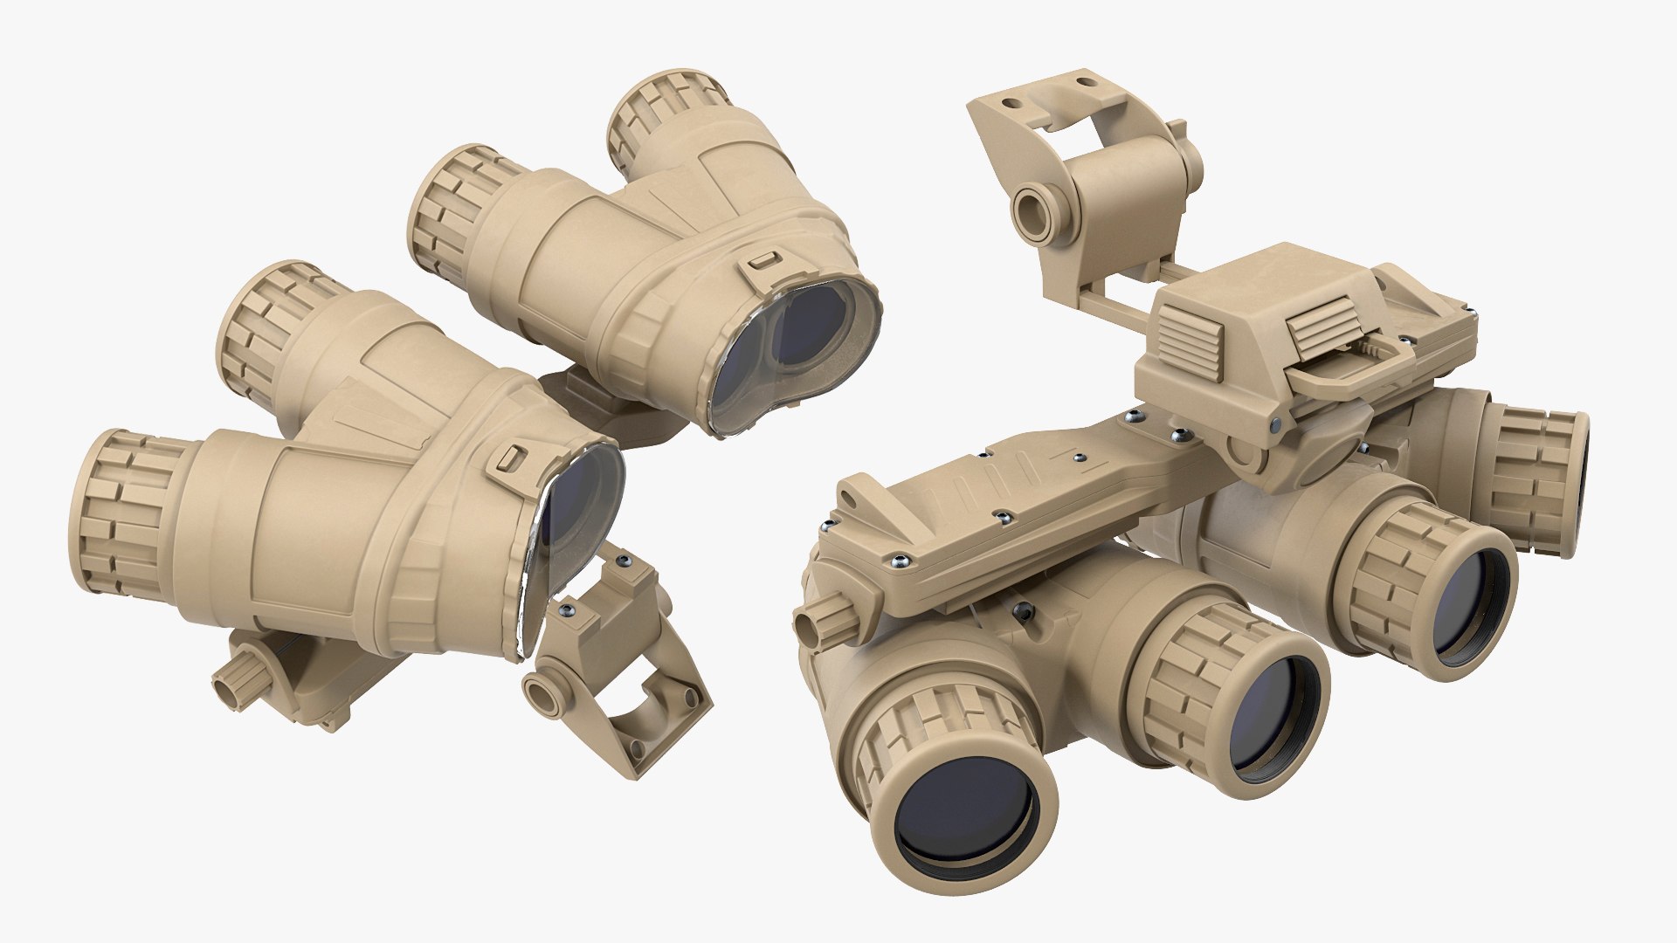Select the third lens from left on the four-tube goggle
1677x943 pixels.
pos(1468,603)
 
